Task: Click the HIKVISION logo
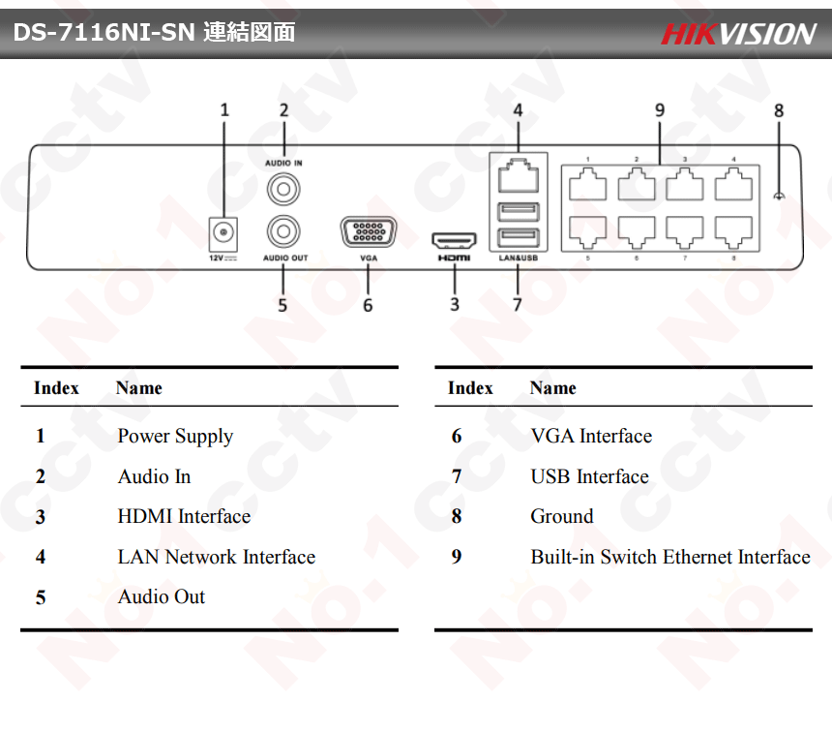click(x=738, y=34)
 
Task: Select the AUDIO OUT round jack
click(x=283, y=232)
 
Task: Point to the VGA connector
click(x=368, y=233)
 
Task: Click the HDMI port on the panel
click(x=454, y=240)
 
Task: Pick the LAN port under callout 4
click(x=519, y=177)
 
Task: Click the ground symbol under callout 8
click(x=780, y=197)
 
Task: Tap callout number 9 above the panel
click(x=660, y=110)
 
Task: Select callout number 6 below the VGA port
click(x=368, y=305)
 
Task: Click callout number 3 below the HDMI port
click(x=455, y=305)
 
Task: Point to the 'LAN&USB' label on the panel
click(x=518, y=259)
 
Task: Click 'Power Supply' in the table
click(x=175, y=437)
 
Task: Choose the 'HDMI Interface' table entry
click(x=184, y=517)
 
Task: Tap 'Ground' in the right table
click(x=561, y=517)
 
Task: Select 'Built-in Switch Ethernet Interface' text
click(x=669, y=558)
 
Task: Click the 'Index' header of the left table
click(x=56, y=388)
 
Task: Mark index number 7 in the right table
click(x=457, y=477)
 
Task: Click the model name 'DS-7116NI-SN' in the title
click(x=105, y=34)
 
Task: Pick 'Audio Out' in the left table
click(x=162, y=597)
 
